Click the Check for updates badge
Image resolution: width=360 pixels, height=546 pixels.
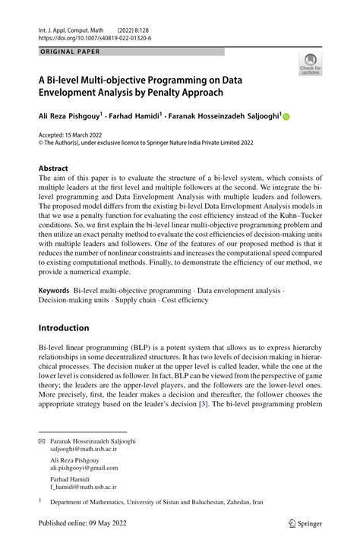coord(309,65)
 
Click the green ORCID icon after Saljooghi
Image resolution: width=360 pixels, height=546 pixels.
coord(286,117)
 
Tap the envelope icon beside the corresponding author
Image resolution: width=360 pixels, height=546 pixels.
coord(42,441)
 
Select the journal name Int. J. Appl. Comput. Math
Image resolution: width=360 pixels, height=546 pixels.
coord(72,27)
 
